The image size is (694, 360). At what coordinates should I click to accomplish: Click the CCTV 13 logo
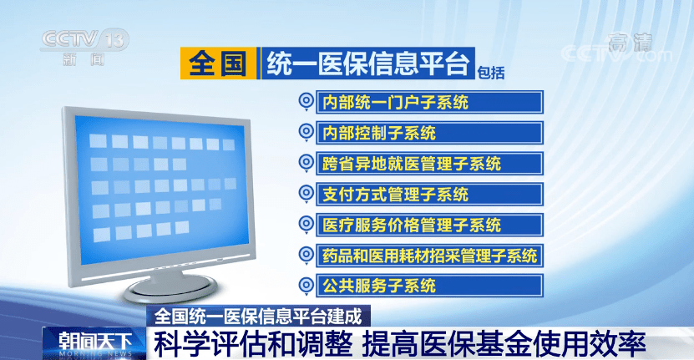(x=84, y=47)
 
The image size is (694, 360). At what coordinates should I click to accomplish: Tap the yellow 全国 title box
(x=218, y=63)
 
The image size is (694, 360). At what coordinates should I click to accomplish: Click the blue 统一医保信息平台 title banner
(x=367, y=63)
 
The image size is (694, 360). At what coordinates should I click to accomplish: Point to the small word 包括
(x=491, y=73)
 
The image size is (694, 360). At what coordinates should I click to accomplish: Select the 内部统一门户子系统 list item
(x=429, y=102)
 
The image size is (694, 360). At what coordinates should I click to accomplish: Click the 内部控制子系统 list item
(x=429, y=133)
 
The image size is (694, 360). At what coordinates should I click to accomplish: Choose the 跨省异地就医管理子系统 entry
(x=429, y=164)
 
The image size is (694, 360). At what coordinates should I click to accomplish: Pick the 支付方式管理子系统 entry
(x=429, y=195)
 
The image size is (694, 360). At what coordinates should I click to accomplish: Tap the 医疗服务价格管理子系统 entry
(x=429, y=225)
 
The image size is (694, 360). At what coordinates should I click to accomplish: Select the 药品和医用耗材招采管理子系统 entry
(x=429, y=256)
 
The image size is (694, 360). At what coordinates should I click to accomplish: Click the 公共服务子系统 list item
(x=429, y=286)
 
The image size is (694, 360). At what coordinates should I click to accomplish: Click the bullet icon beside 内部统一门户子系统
(x=306, y=102)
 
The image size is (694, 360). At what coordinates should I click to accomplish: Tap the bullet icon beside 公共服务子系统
(x=306, y=286)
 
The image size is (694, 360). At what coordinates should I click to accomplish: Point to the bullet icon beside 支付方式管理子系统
(x=306, y=194)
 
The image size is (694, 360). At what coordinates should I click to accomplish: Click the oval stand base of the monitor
(x=171, y=288)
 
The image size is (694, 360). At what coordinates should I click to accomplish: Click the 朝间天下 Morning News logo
(x=94, y=343)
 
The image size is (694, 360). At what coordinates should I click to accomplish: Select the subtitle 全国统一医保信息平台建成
(x=258, y=317)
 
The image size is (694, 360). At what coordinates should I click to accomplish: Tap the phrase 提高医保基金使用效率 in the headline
(x=504, y=344)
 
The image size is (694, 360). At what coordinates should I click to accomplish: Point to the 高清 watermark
(x=631, y=43)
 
